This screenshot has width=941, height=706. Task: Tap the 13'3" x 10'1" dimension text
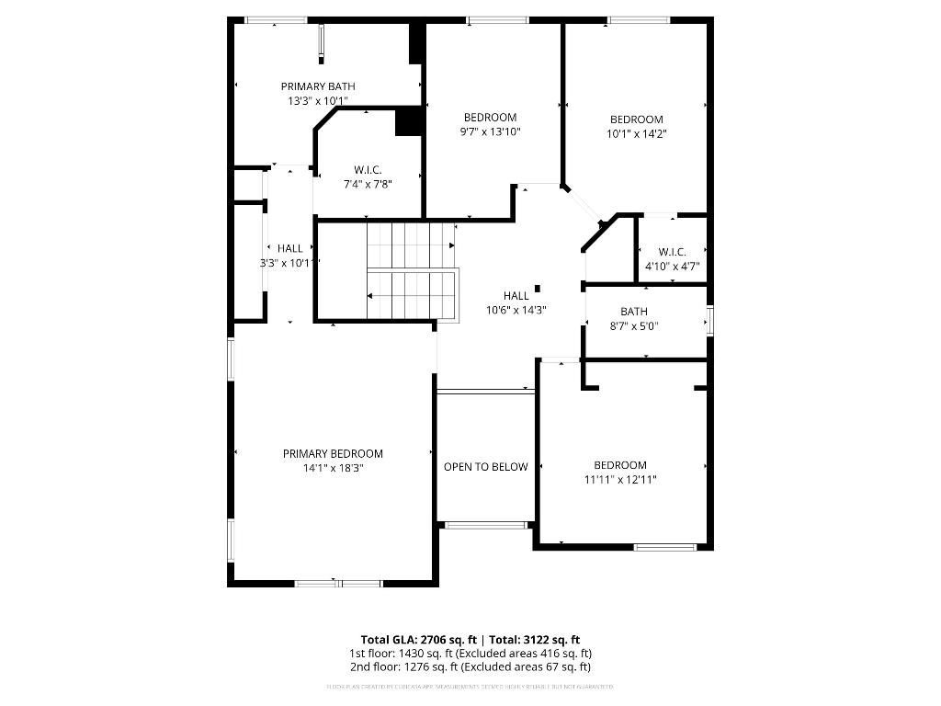coord(317,101)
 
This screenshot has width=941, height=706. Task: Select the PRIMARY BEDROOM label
coord(333,453)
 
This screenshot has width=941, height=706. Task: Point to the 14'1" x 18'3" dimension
coord(333,468)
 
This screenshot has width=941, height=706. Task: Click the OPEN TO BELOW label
coord(486,467)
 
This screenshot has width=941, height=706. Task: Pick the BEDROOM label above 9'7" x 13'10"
coord(490,118)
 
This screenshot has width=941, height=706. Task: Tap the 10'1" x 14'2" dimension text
coord(637,133)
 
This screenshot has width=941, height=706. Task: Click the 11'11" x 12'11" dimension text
coord(620,479)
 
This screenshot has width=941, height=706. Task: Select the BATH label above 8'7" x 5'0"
coord(634,312)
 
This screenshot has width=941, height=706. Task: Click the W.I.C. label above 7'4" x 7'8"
coord(368,170)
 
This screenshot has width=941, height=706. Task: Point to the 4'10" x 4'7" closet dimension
coord(673,266)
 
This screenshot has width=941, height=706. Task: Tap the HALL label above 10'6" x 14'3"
coord(516,296)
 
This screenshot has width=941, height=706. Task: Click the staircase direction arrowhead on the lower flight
coord(370,296)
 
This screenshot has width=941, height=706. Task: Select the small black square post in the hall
coord(538,288)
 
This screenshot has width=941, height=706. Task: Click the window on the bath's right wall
coord(709,320)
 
